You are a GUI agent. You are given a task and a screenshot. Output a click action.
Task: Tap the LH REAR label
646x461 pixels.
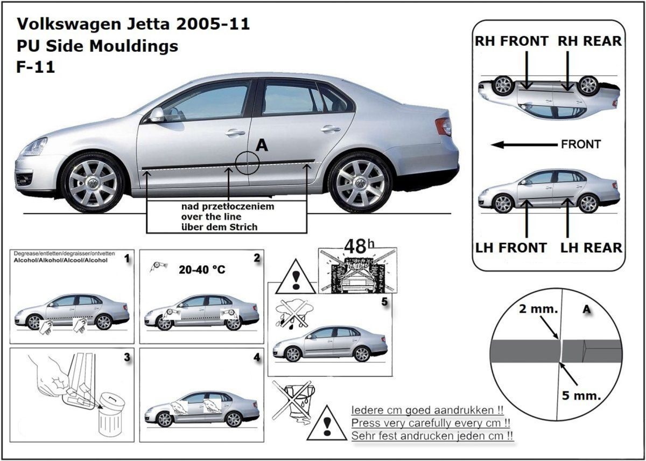click(591, 248)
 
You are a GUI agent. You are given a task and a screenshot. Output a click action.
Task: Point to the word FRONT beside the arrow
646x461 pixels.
click(580, 145)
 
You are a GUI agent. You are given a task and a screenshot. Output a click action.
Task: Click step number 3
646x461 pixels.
click(127, 357)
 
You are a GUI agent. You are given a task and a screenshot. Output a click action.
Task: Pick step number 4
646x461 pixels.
click(256, 357)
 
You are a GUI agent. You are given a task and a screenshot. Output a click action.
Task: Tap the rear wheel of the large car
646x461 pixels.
click(360, 182)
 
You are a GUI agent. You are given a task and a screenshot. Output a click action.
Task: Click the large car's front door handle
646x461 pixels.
click(235, 133)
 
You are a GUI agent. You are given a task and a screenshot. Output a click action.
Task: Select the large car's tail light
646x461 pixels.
click(444, 127)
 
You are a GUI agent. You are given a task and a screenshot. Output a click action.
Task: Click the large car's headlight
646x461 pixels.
click(34, 146)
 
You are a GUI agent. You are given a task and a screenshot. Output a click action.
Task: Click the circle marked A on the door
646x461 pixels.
click(248, 161)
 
